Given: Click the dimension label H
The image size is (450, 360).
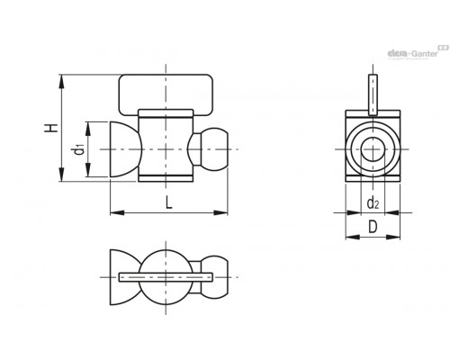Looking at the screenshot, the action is coord(51,128).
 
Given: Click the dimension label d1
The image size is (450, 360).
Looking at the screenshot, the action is coord(79,149).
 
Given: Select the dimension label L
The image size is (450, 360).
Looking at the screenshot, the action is coord(169,202).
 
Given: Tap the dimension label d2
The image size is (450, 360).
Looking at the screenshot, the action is coord(373,203).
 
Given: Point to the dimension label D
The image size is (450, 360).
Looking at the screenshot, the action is coord(373,227).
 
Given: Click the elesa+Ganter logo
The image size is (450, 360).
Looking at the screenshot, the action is coord(418,52).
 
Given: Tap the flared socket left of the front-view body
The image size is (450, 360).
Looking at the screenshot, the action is coord(124,149).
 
